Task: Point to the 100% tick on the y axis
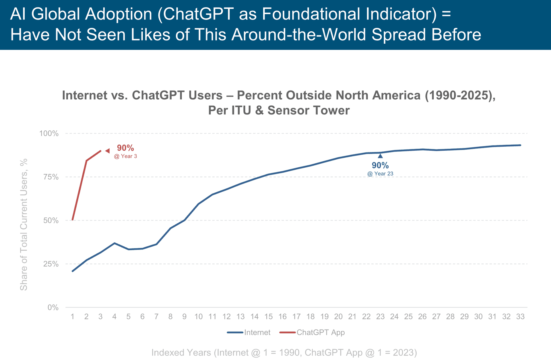click(x=49, y=133)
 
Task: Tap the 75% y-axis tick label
click(x=51, y=177)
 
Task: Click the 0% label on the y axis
click(x=53, y=307)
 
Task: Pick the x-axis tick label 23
click(x=380, y=317)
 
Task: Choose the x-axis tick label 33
click(x=520, y=317)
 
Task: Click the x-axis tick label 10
click(x=198, y=317)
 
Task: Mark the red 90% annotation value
click(x=125, y=148)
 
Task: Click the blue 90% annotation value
click(x=380, y=166)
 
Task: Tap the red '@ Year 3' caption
click(x=125, y=156)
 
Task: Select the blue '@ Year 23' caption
click(x=380, y=174)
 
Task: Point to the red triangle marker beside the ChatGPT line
click(x=107, y=151)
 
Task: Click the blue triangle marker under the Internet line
click(x=380, y=156)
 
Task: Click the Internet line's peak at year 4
click(x=115, y=243)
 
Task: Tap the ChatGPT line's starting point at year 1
click(x=73, y=220)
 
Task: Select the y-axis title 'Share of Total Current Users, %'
click(x=24, y=224)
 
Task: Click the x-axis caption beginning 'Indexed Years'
click(x=284, y=353)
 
